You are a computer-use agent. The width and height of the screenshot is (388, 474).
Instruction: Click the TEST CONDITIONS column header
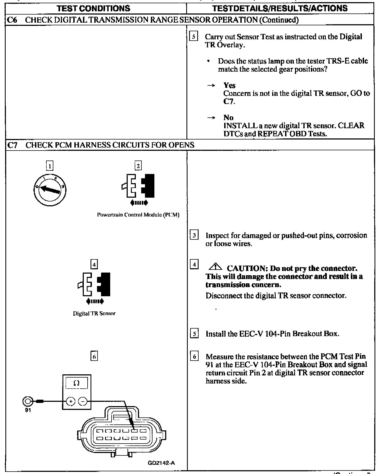(93, 8)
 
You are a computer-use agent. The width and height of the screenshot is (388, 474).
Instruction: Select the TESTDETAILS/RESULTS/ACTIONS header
(280, 8)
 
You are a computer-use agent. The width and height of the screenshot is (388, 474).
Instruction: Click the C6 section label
(12, 20)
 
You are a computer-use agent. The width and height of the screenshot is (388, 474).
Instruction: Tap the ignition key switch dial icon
(50, 190)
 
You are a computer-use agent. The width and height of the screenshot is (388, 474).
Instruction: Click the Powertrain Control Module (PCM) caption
(138, 215)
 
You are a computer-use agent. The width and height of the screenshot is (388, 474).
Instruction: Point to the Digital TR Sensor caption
(94, 313)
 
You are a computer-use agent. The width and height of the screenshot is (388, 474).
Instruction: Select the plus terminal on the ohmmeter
(71, 402)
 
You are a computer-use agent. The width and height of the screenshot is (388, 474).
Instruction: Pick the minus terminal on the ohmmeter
(83, 402)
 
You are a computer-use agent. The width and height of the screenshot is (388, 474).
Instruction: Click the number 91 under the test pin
(28, 410)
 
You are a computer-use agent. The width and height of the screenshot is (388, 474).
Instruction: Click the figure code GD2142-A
(161, 463)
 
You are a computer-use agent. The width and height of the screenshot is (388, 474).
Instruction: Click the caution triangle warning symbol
(215, 267)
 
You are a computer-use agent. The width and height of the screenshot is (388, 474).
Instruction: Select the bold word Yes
(229, 85)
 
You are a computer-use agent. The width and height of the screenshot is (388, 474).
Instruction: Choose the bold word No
(228, 117)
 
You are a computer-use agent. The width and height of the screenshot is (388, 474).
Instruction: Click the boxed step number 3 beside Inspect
(194, 235)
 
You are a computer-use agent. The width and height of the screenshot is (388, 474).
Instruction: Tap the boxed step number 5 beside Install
(194, 334)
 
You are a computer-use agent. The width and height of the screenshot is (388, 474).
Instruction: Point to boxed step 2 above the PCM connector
(138, 166)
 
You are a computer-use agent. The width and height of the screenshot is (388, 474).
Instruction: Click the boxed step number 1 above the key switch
(50, 166)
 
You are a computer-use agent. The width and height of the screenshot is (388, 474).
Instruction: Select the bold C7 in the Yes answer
(228, 102)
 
